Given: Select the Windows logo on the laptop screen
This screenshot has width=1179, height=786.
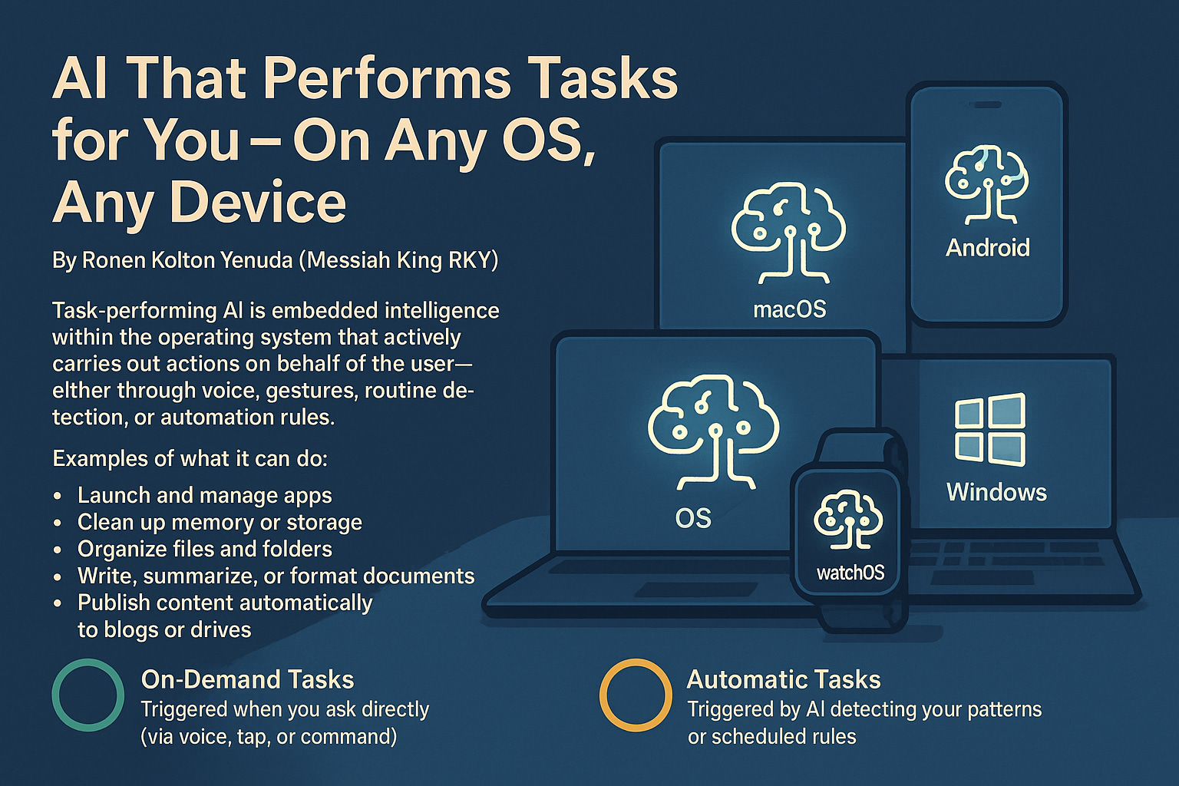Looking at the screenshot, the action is tap(990, 430).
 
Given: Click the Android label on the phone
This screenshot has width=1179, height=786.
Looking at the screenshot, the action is tap(987, 248).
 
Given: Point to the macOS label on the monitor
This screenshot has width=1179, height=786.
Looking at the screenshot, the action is tap(790, 309).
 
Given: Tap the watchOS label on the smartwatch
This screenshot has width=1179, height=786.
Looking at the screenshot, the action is tap(850, 573).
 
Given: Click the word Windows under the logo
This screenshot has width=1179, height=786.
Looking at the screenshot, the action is tap(996, 492).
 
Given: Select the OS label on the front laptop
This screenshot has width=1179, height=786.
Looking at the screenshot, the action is tap(693, 519).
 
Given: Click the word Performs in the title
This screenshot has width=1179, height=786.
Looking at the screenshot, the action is tap(386, 80).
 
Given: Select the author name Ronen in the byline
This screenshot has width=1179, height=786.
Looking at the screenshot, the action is tap(112, 261).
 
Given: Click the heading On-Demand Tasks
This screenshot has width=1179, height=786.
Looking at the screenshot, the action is tap(247, 679).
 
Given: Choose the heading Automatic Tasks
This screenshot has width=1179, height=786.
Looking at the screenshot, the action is tap(784, 679).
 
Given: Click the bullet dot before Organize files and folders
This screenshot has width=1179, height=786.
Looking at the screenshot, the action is tap(58, 550).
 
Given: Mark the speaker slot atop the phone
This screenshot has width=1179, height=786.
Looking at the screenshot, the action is tap(987, 104).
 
